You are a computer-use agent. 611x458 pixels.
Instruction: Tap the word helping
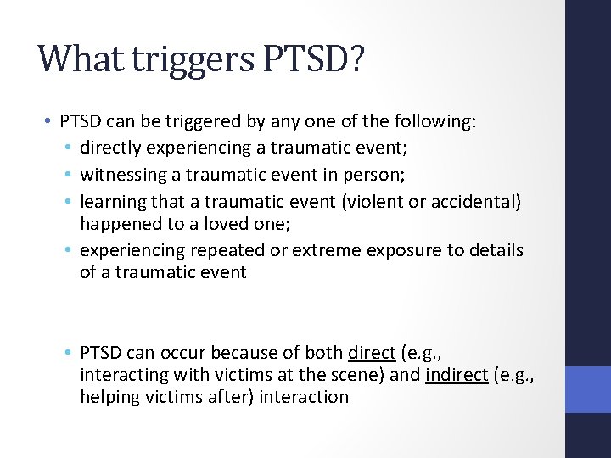click(109, 396)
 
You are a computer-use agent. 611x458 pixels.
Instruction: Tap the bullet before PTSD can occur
click(71, 354)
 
